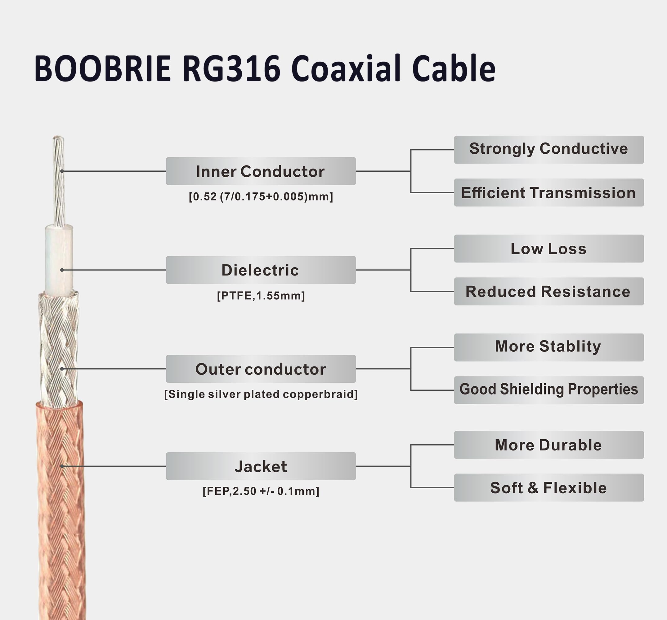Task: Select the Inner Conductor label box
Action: click(x=261, y=171)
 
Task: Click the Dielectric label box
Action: click(x=261, y=270)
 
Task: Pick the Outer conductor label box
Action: click(x=261, y=369)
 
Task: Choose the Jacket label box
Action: click(x=261, y=466)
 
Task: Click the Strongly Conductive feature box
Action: click(x=548, y=150)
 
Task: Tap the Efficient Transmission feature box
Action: click(x=548, y=193)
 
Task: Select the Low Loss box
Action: click(x=548, y=249)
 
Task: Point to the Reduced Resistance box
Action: click(x=548, y=292)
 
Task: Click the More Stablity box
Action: click(x=548, y=348)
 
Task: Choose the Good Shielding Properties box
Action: click(x=548, y=390)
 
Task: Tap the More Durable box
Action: click(x=548, y=445)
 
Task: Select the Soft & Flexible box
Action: click(x=548, y=488)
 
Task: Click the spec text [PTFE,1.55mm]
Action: click(x=261, y=296)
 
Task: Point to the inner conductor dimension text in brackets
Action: click(x=261, y=197)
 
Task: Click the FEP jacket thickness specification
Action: click(x=261, y=491)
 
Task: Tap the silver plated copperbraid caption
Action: click(x=261, y=394)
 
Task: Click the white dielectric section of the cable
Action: click(x=59, y=258)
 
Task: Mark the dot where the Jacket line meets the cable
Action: click(x=62, y=466)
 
